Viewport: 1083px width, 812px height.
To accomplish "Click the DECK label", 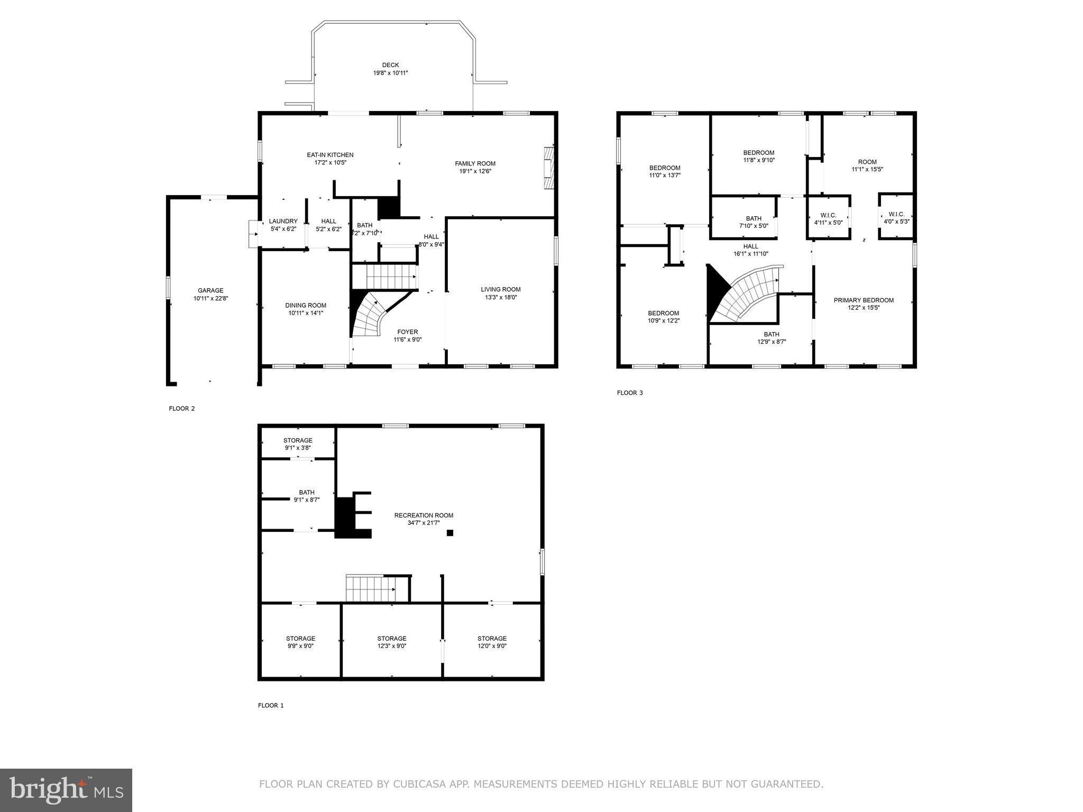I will point(390,65).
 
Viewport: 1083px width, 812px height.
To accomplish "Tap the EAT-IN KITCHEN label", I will point(330,155).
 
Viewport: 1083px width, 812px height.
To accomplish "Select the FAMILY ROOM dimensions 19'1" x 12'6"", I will point(475,171).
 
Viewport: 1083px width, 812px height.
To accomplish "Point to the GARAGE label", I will point(210,290).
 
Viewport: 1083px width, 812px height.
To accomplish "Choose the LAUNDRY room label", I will point(283,221).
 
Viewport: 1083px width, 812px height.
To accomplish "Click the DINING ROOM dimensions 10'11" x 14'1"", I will point(306,313).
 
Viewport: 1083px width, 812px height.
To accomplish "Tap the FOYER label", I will point(407,332).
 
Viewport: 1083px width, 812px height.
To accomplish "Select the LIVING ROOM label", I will point(500,289).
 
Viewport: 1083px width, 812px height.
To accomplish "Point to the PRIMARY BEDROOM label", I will point(864,300).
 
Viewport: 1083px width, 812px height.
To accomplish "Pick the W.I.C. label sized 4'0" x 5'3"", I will point(896,214).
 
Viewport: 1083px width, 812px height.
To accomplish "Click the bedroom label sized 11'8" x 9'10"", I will point(758,153).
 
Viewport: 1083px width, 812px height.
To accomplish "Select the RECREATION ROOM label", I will point(424,515).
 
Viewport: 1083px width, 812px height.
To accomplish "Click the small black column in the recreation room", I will point(450,533).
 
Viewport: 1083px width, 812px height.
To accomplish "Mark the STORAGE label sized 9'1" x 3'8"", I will point(298,440).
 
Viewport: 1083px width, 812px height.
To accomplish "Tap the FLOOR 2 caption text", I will point(182,409).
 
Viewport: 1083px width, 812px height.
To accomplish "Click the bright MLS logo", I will point(66,789).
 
